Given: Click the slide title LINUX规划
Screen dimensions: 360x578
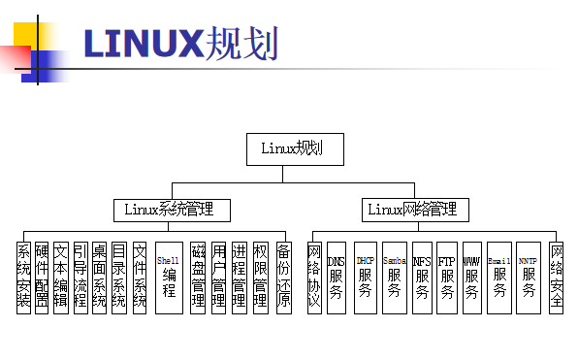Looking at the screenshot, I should (x=180, y=44).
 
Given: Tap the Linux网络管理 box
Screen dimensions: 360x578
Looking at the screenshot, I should (x=411, y=209).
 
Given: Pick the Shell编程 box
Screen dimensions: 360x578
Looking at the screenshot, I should (x=169, y=277).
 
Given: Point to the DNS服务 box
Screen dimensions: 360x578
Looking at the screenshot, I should (x=336, y=277).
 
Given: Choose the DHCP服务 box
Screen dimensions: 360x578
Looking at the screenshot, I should (x=366, y=277).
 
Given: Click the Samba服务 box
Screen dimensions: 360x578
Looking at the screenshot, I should (x=395, y=277).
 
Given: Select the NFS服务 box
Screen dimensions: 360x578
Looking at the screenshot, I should (x=422, y=277).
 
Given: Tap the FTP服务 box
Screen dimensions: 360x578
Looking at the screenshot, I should (x=447, y=277).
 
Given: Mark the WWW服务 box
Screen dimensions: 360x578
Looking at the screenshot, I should (x=472, y=277).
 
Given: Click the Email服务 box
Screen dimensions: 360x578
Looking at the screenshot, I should (x=499, y=277).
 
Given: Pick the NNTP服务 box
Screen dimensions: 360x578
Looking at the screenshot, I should (x=528, y=277).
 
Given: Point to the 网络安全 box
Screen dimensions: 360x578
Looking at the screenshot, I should (x=557, y=277).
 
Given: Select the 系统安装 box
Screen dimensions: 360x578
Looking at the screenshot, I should (x=23, y=277).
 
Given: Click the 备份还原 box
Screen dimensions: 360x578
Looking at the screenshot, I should (x=283, y=277).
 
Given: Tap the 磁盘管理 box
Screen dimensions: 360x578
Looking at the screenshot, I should (x=198, y=277).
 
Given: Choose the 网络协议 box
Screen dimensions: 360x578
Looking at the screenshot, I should (x=314, y=277).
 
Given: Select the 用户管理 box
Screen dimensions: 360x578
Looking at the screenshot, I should (x=219, y=277).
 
